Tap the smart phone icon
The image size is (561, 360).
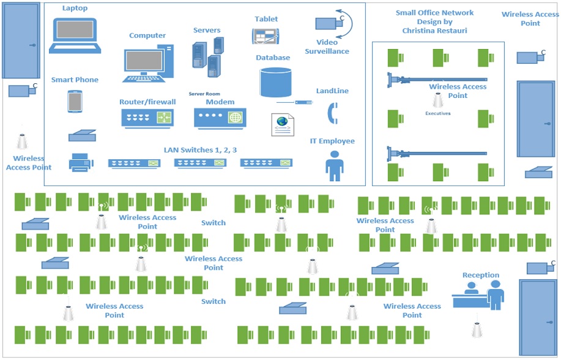tap(75, 102)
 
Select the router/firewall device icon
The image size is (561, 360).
tap(147, 118)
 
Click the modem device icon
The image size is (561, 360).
tap(220, 118)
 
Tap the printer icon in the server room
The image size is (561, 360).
tap(81, 162)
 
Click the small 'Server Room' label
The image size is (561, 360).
tap(204, 94)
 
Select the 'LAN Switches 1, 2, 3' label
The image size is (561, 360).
tap(200, 150)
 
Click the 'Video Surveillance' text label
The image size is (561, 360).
tap(327, 47)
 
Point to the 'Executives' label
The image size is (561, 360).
tap(438, 113)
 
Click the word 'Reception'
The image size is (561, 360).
tap(480, 275)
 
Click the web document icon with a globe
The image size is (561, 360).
tap(281, 124)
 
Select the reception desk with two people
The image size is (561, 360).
tap(479, 296)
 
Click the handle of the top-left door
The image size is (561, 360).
tap(32, 45)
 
